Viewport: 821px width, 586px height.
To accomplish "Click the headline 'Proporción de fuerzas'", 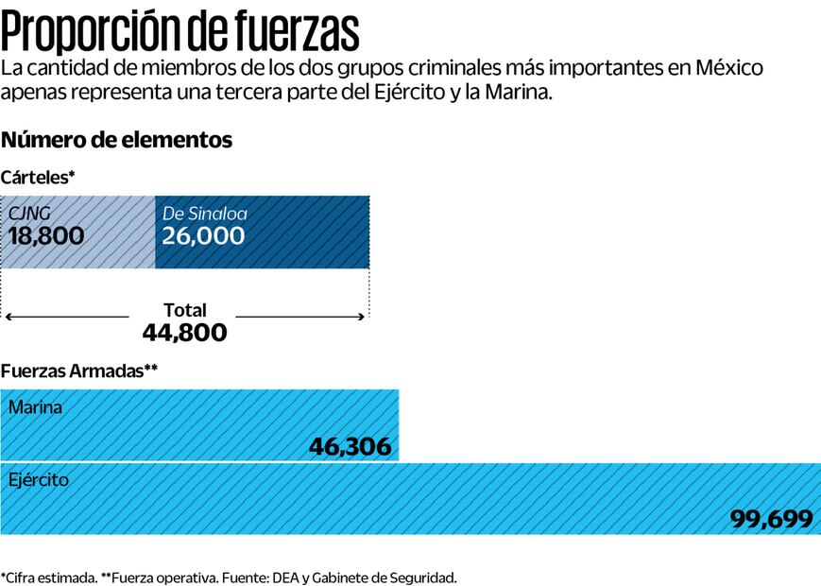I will tap(180, 30).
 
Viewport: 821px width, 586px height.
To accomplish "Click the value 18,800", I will tap(46, 236).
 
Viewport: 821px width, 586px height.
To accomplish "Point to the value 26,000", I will tap(203, 236).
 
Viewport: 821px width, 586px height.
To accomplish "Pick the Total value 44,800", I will tap(184, 333).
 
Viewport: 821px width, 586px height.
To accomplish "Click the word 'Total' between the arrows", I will tap(184, 310).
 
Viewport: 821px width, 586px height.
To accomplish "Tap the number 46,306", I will tap(350, 446).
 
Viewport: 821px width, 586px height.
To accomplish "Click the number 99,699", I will tap(771, 519).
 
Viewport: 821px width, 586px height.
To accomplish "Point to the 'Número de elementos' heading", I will tap(116, 141).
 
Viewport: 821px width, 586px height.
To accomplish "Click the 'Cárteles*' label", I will tap(38, 178).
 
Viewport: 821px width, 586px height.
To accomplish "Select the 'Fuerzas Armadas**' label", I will tap(78, 371).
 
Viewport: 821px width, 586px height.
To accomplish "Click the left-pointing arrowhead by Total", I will tap(8, 317).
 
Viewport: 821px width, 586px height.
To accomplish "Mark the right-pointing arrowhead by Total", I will tap(362, 317).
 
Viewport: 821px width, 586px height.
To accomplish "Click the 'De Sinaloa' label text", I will tap(204, 214).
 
